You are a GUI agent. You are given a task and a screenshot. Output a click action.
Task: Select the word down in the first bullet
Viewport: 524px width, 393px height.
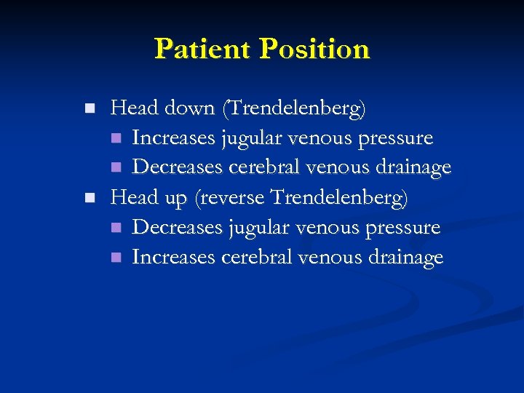click(188, 109)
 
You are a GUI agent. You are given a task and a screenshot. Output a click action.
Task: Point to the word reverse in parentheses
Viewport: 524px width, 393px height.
click(231, 198)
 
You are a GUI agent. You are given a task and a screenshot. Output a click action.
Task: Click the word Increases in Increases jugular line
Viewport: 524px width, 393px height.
click(174, 138)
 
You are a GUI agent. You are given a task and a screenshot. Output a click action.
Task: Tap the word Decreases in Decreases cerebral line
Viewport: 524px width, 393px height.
click(178, 168)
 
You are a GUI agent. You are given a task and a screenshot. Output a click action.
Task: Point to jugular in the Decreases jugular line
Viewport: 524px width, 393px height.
click(254, 228)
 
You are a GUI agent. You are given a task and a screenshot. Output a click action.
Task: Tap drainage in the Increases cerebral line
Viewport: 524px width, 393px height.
click(404, 258)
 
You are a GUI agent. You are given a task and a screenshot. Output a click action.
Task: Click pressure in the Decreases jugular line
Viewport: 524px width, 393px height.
click(405, 228)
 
